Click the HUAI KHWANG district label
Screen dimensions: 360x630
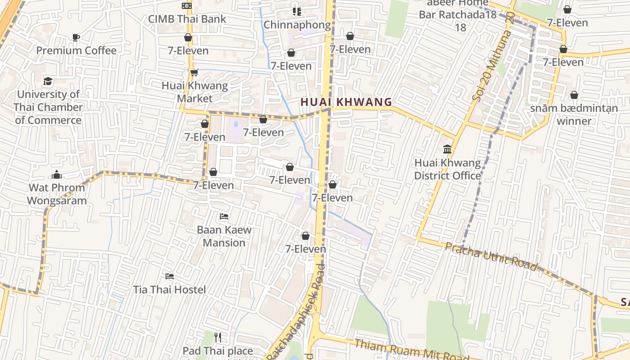coord(346,102)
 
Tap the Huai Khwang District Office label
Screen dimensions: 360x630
coord(447,169)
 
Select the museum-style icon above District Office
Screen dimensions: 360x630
coord(447,149)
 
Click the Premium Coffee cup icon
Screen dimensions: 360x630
coord(76,37)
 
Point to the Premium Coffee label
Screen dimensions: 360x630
coord(76,50)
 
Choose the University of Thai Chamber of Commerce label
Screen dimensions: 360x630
coord(48,107)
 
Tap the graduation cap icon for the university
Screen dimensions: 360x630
coord(48,81)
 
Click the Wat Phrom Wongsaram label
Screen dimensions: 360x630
coord(57,194)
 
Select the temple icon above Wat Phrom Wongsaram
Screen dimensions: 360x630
coord(57,175)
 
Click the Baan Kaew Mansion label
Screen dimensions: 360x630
coord(224,236)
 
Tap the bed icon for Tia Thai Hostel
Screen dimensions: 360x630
coord(170,276)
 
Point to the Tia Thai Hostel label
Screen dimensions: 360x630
coord(170,289)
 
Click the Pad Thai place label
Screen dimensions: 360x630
coord(218,351)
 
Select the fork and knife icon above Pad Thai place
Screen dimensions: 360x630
coord(218,337)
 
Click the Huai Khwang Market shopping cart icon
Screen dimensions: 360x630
coord(194,72)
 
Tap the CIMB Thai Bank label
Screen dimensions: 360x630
coord(187,19)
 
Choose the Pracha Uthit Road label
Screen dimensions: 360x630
coord(491,257)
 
